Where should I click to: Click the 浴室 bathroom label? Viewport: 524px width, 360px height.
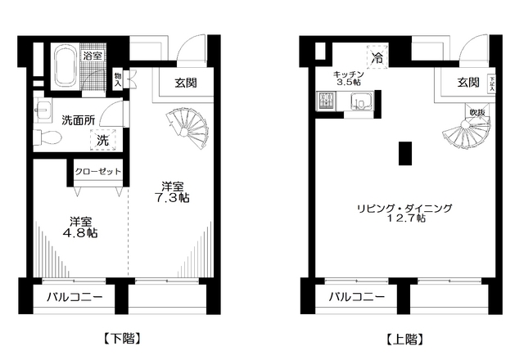(x=93, y=56)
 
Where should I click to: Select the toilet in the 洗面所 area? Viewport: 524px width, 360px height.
(x=52, y=137)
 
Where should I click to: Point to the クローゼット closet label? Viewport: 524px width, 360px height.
(x=97, y=172)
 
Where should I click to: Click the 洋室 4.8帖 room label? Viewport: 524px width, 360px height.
(x=79, y=227)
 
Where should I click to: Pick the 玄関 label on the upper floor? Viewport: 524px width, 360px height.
(x=468, y=82)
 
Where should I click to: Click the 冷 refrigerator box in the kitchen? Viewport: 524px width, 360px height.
(x=377, y=57)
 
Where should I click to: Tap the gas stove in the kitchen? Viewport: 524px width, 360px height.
(x=321, y=103)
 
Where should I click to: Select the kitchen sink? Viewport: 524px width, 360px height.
(x=360, y=102)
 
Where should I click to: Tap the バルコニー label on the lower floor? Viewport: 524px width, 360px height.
(x=73, y=297)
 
